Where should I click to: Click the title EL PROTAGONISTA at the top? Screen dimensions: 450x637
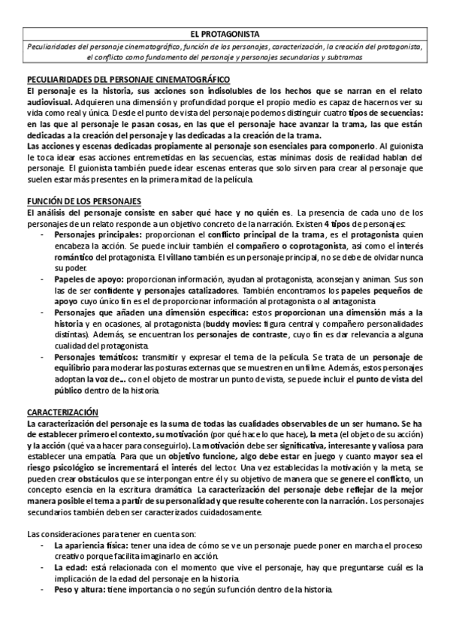click(x=225, y=34)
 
